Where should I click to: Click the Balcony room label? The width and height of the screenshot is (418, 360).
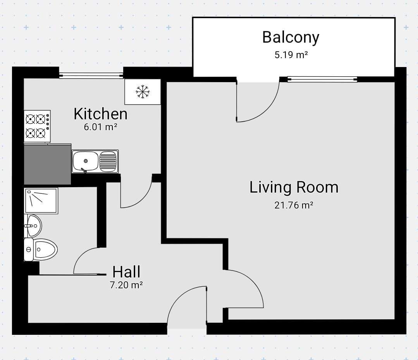pos(291,38)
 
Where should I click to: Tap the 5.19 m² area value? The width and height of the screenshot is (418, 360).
pos(291,55)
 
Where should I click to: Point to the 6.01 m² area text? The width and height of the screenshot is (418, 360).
pos(100,127)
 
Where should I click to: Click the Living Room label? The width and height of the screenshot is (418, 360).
pos(294,187)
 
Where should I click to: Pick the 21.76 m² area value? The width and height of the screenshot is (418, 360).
pos(294,205)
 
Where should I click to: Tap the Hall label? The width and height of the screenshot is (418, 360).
pos(126,272)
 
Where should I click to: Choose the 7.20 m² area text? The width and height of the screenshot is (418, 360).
pos(126,285)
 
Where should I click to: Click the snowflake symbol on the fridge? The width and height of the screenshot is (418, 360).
pos(143,92)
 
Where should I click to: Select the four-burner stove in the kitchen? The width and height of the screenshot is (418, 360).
pos(37,126)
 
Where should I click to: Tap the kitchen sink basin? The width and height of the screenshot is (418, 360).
pos(86,161)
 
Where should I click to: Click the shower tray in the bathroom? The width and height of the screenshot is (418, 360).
pos(41,200)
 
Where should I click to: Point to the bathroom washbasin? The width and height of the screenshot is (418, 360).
pos(33,226)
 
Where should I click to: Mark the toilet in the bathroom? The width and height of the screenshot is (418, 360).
pos(41,249)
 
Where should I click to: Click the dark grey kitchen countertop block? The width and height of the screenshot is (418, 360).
pos(47,164)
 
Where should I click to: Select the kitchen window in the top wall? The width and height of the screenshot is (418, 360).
pos(91,76)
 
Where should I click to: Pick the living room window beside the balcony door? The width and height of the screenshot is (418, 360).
pos(322,79)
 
